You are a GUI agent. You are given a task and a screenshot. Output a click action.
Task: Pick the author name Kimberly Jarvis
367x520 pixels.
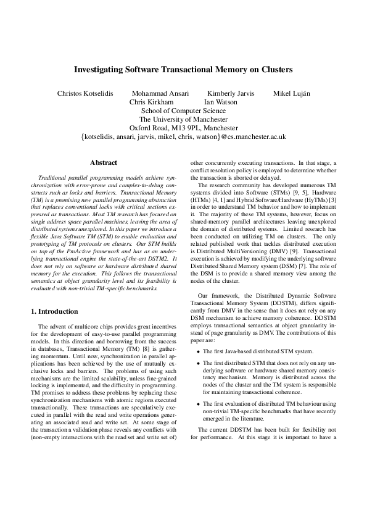[x=230, y=93]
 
